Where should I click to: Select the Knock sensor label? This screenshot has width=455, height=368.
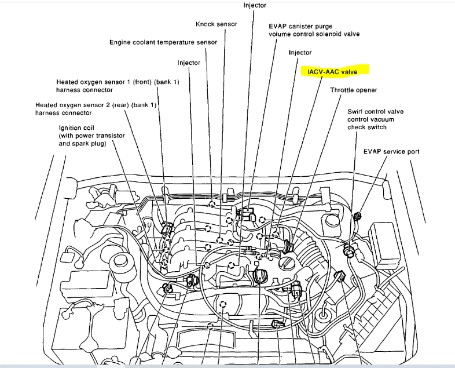(218, 24)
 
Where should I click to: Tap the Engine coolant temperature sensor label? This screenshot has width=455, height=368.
(163, 42)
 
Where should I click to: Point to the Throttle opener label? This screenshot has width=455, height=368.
(354, 90)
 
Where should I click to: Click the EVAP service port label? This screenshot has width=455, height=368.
(391, 152)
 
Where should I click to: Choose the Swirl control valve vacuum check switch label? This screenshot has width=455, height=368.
(375, 119)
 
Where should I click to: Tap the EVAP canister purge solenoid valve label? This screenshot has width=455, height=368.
(314, 30)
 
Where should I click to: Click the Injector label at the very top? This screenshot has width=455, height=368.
(255, 5)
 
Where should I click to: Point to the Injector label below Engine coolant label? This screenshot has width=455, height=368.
(189, 63)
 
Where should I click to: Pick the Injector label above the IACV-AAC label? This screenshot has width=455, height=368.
(300, 53)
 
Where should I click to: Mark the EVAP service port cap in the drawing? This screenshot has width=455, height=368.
(357, 216)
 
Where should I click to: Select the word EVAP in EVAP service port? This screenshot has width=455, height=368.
(373, 152)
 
